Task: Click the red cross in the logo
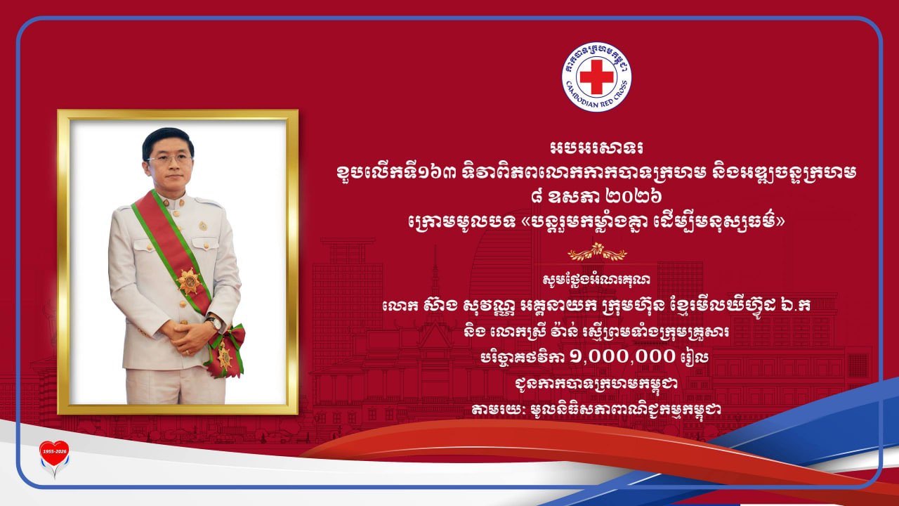coord(597,77)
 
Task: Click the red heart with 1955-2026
coord(54,453)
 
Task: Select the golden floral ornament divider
coord(597,252)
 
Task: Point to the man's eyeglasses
coord(169,159)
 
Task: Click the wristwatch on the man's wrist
coord(214,323)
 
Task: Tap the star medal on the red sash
coord(189,282)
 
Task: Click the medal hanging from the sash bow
coord(225,356)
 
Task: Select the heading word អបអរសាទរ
coord(597,148)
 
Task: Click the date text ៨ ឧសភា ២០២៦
coord(597,197)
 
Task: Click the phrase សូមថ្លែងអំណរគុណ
coord(597,280)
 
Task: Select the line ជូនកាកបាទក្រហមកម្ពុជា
coord(596,383)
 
